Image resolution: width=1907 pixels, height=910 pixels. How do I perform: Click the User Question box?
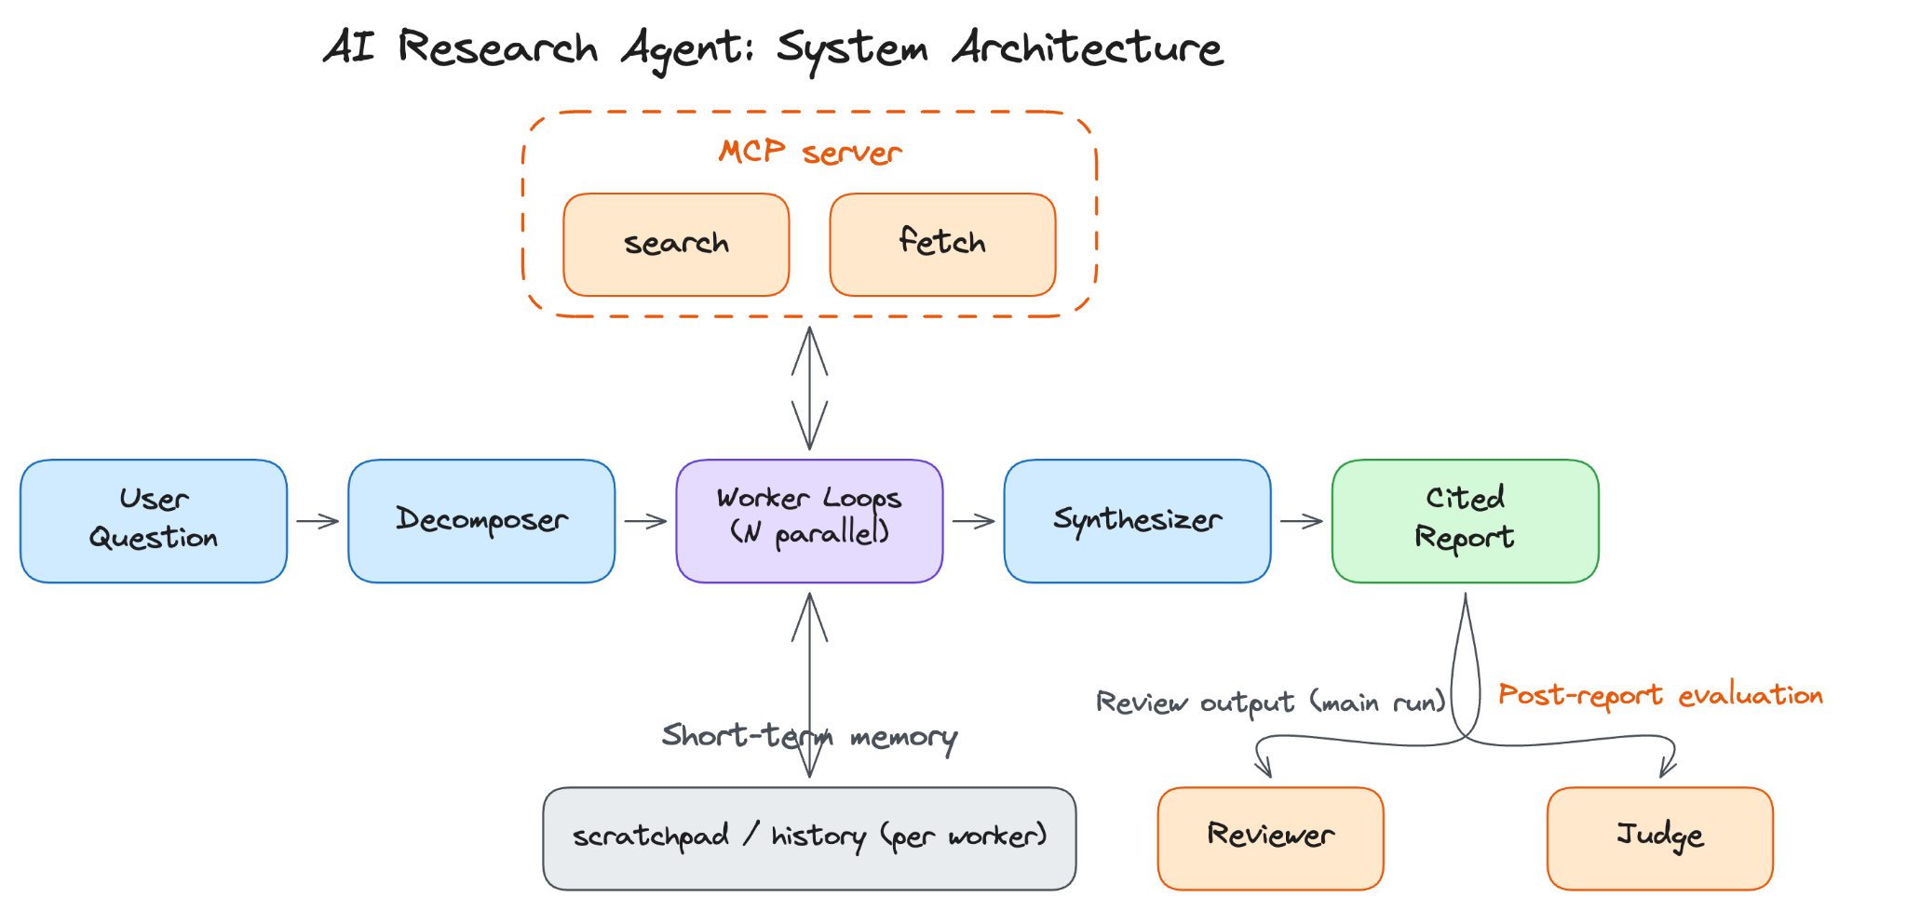(154, 521)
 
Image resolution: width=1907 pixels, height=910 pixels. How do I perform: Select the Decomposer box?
(481, 521)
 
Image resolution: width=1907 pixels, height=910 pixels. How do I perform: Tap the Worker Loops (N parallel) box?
(809, 521)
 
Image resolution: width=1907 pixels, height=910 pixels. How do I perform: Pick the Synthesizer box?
(1137, 521)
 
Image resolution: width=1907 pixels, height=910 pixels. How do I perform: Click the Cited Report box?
(1465, 521)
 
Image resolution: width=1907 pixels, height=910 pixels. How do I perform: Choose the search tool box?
(676, 245)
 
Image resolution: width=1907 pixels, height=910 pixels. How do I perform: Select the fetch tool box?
(942, 245)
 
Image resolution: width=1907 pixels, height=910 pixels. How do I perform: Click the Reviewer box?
(1270, 838)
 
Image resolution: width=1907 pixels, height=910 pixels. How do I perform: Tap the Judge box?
(1659, 838)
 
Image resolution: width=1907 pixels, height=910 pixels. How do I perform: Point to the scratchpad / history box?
(809, 838)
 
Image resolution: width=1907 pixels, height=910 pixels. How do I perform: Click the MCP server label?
(810, 152)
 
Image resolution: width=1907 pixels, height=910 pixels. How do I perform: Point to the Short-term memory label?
(809, 737)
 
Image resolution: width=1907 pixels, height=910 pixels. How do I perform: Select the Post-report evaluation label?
(1660, 695)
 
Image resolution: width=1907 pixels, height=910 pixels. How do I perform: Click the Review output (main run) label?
(1270, 702)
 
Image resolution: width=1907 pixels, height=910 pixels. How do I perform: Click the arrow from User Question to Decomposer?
(318, 521)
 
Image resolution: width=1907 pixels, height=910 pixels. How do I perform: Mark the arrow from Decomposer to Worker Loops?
(645, 521)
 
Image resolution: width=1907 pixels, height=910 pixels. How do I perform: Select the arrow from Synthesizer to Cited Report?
(1301, 521)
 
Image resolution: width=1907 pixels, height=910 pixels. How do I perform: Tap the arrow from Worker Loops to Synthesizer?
(973, 521)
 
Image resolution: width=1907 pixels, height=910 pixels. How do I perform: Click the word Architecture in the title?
(1088, 47)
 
